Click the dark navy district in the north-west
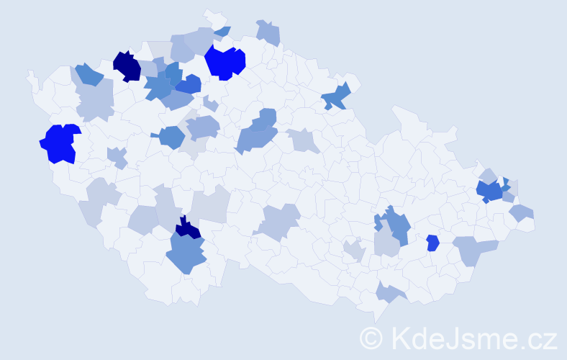(x=127, y=66)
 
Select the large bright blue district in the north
(x=224, y=62)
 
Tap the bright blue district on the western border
(x=59, y=143)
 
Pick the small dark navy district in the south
(x=189, y=229)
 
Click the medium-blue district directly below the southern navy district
(x=186, y=254)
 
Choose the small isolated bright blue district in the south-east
(x=432, y=243)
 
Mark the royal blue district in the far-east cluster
(x=491, y=192)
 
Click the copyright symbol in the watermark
(x=371, y=338)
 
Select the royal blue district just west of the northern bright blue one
(x=189, y=85)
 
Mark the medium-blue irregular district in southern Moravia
(x=394, y=225)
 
